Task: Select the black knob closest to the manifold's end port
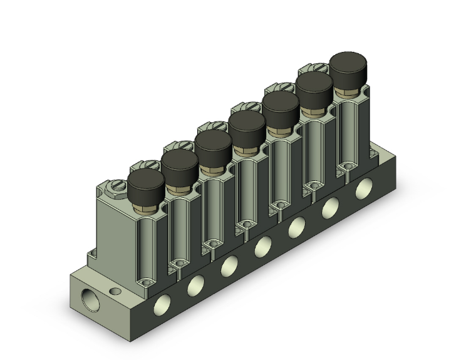click(145, 182)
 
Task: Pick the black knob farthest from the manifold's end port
click(348, 65)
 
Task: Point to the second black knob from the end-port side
click(180, 163)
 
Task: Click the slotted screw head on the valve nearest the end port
click(116, 187)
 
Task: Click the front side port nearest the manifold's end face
click(161, 305)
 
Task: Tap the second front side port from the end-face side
click(195, 285)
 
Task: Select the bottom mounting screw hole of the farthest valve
click(345, 167)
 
